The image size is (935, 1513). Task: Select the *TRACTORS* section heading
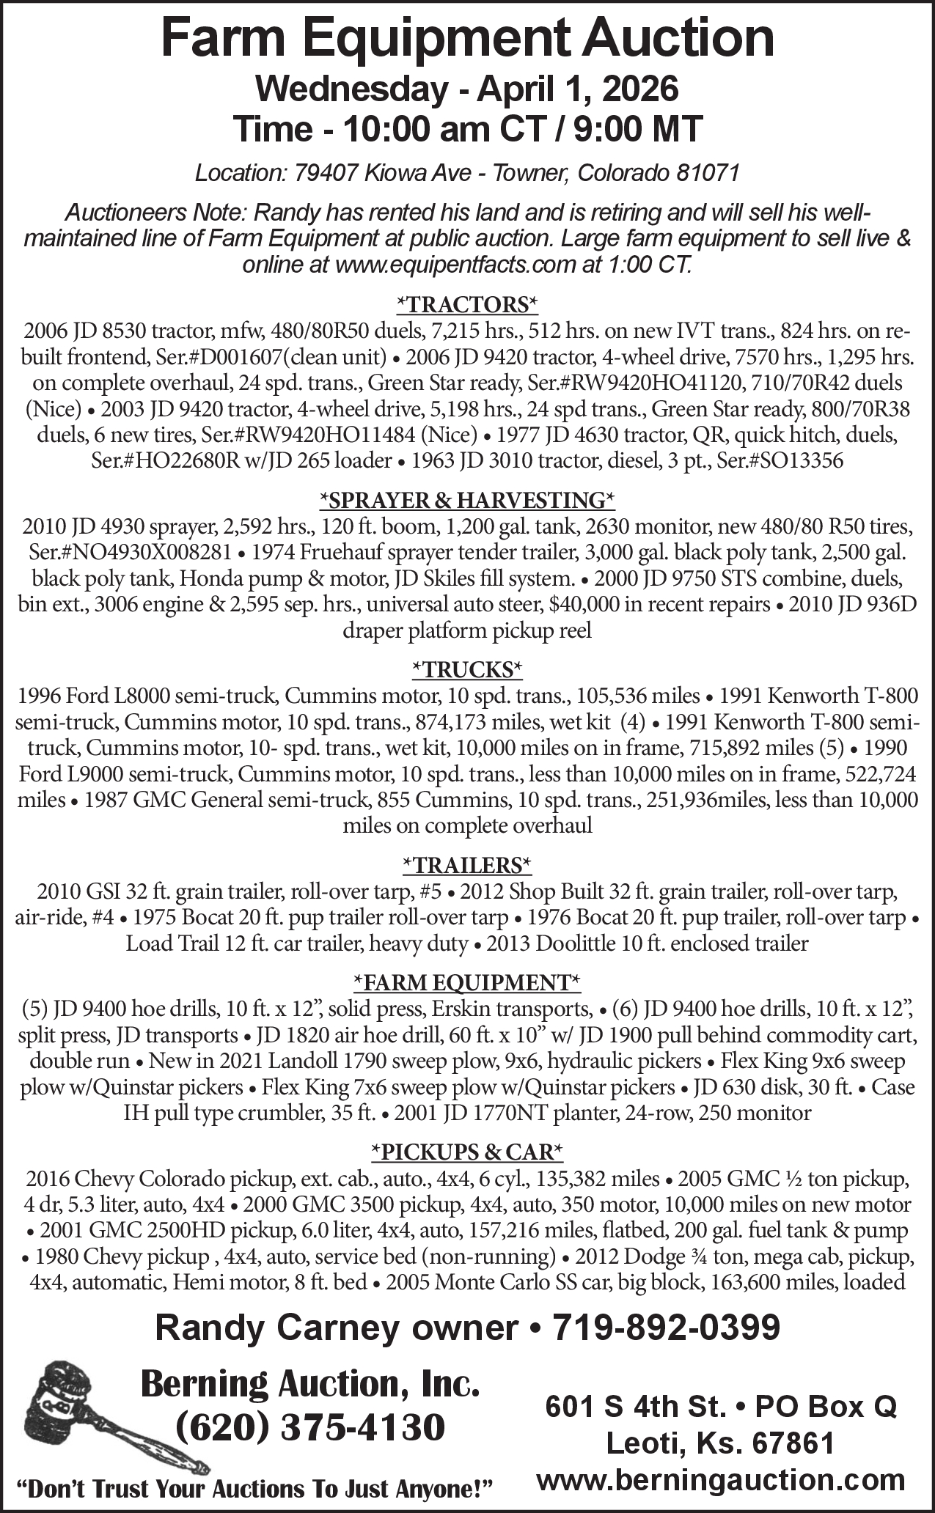(467, 303)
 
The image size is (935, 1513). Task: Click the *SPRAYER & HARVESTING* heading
(467, 500)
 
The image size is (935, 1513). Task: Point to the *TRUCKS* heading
(467, 669)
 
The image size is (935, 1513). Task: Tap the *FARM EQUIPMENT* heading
(467, 982)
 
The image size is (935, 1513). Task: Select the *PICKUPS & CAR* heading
(467, 1152)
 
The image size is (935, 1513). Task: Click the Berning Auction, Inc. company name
(310, 1383)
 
